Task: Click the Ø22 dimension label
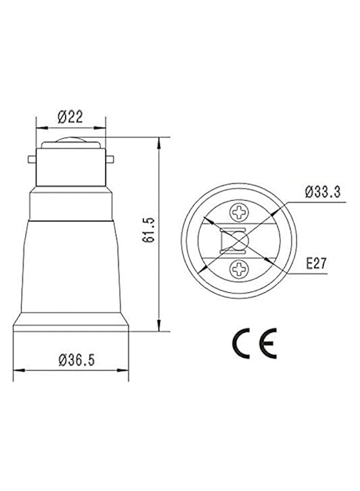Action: click(70, 117)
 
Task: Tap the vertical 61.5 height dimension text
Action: click(149, 230)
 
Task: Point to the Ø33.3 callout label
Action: click(322, 192)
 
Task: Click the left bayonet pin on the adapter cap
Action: click(32, 159)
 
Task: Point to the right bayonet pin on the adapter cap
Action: click(109, 159)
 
